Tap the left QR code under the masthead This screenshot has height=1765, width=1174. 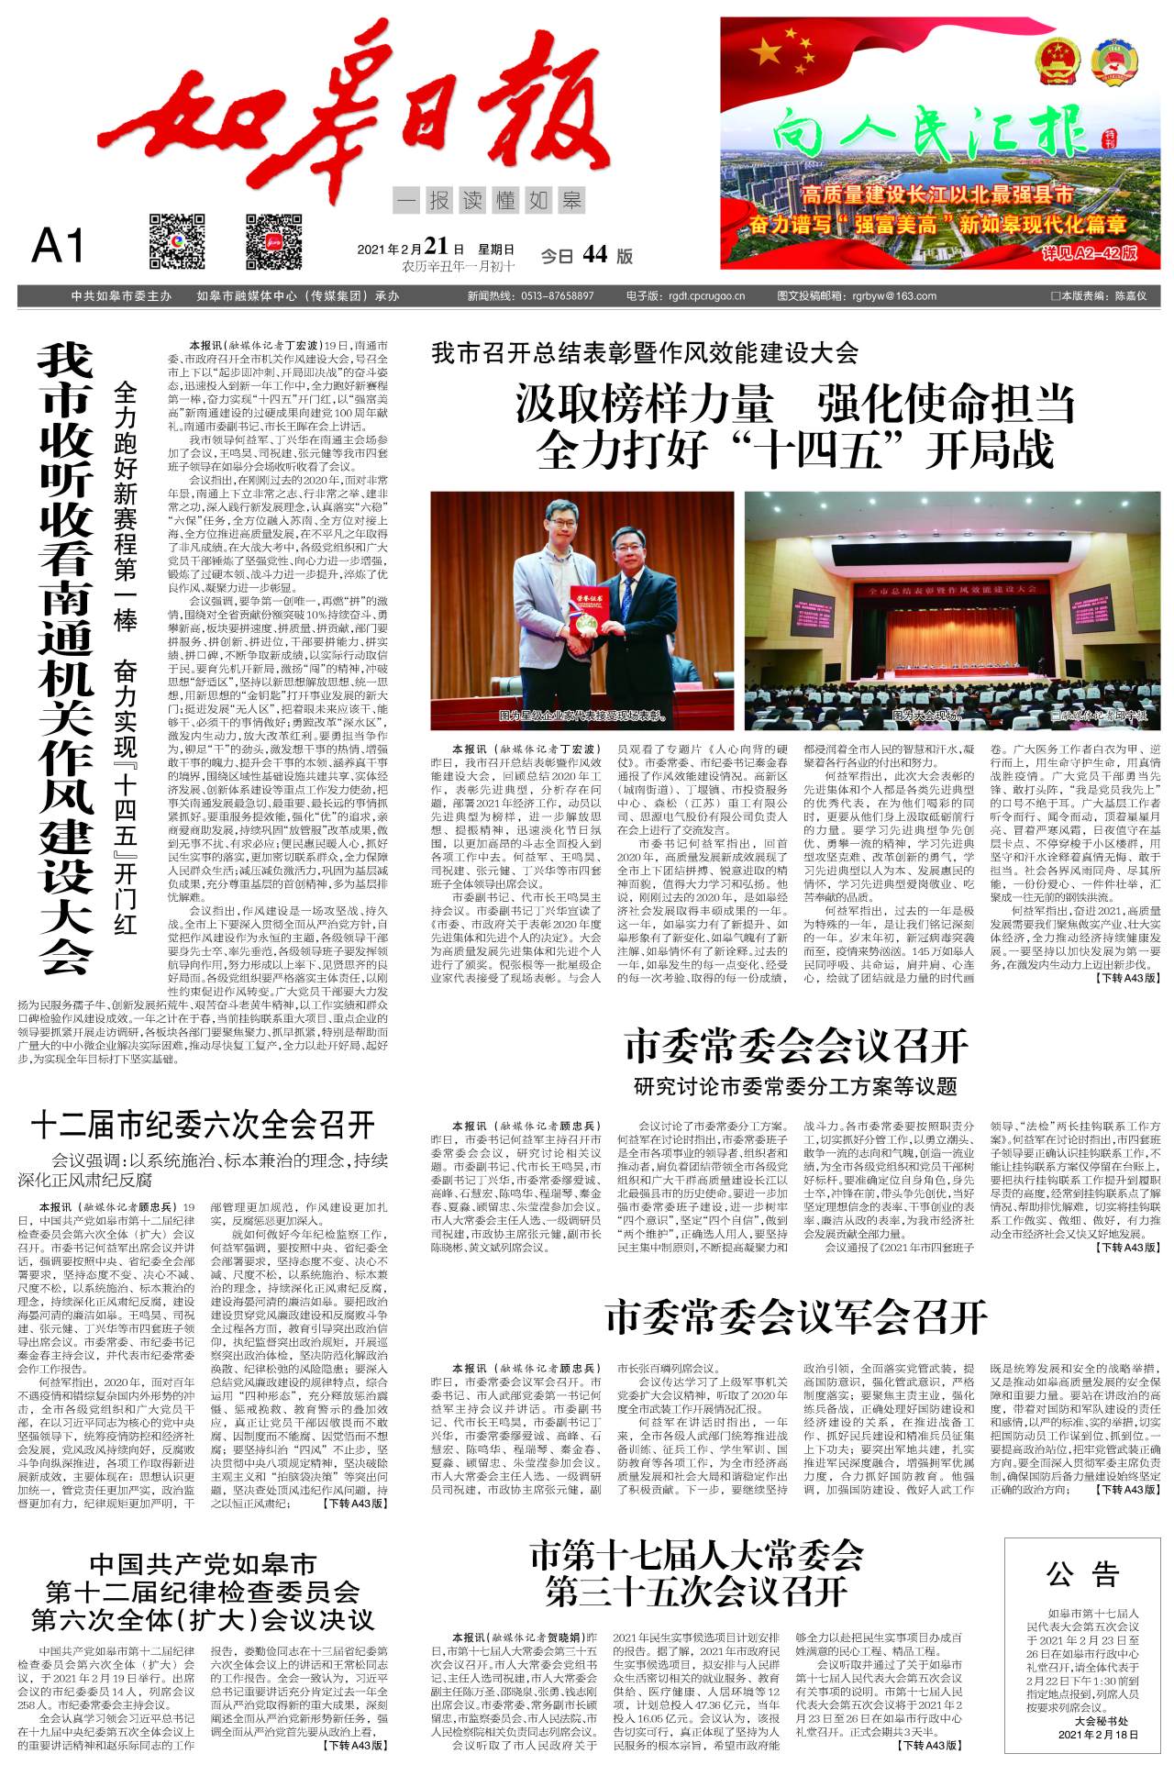[x=177, y=240]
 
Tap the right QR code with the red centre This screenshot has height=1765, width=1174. [x=273, y=240]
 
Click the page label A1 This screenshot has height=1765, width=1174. [x=58, y=246]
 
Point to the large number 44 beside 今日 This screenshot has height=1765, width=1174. [x=594, y=255]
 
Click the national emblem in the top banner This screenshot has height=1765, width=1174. [x=1059, y=62]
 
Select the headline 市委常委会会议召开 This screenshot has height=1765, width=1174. [x=796, y=1046]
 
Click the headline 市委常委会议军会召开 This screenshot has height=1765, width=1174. [x=796, y=1319]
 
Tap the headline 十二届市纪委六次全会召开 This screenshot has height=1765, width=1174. [x=203, y=1125]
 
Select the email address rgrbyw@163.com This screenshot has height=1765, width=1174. [x=893, y=296]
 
